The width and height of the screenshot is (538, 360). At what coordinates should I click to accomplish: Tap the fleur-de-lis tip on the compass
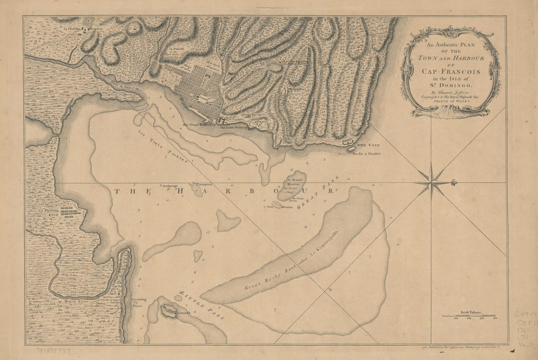pyautogui.click(x=454, y=182)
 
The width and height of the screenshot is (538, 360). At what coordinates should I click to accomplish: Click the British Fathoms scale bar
pyautogui.click(x=469, y=316)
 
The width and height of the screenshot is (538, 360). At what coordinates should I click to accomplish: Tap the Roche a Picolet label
pyautogui.click(x=366, y=153)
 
